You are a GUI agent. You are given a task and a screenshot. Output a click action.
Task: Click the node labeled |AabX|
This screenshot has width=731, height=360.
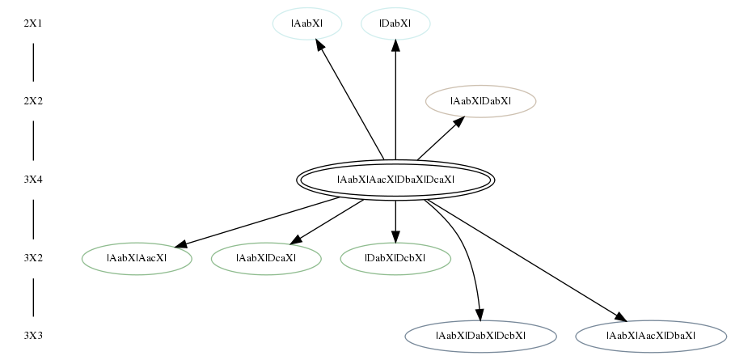click(x=307, y=23)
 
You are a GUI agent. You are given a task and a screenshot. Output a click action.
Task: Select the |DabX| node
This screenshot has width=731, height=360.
click(x=395, y=23)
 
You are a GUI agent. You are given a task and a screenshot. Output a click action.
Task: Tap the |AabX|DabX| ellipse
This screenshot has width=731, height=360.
click(x=480, y=101)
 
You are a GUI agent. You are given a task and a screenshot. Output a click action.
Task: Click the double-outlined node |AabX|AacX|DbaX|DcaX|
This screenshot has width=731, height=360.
click(x=395, y=180)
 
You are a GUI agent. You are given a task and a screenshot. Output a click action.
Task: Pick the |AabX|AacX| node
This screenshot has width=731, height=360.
click(x=137, y=258)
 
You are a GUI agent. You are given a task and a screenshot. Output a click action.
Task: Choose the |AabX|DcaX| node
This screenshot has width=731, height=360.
click(x=266, y=258)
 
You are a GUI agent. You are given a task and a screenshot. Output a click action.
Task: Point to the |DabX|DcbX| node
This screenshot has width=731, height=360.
click(x=395, y=258)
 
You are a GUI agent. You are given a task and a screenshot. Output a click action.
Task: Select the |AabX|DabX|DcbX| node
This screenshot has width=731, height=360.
click(x=480, y=336)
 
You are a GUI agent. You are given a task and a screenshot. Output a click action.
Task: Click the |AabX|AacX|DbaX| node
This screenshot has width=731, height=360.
click(x=651, y=336)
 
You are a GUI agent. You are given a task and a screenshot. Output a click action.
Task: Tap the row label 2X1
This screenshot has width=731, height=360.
click(x=32, y=23)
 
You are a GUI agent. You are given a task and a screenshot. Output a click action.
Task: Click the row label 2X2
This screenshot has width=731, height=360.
click(x=32, y=101)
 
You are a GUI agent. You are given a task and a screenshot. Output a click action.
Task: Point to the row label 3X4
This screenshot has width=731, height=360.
click(x=32, y=180)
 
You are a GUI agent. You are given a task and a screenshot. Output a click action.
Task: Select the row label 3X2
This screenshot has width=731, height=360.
click(x=32, y=258)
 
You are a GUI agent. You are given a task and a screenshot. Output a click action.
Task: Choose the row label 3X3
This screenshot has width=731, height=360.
click(x=32, y=336)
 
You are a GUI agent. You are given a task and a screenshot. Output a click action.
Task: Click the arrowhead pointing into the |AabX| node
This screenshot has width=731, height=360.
click(x=320, y=44)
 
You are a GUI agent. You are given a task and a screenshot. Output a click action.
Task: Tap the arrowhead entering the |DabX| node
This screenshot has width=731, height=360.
click(x=395, y=45)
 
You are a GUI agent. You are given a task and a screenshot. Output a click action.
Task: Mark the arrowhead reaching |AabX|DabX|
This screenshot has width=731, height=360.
click(x=458, y=121)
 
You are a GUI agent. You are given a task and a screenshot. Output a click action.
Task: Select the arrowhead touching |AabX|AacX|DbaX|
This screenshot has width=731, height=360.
click(x=621, y=316)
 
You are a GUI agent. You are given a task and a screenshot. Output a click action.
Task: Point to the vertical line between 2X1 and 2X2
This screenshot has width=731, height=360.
click(x=33, y=62)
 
